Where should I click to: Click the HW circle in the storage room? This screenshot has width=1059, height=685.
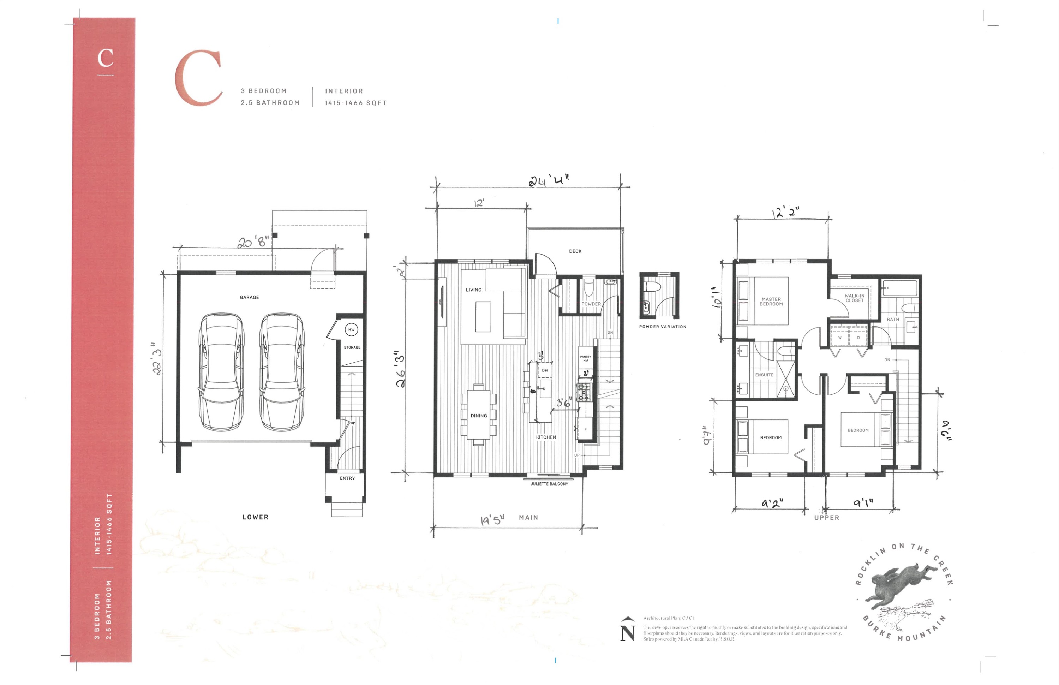click(351, 329)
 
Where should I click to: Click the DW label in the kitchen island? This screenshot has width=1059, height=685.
click(545, 370)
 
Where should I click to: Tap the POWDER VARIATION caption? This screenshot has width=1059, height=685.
click(663, 327)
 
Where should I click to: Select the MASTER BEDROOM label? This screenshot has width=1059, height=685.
click(771, 302)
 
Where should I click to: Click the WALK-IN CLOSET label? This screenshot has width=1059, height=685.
click(854, 298)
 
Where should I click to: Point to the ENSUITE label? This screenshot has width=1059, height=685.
click(764, 375)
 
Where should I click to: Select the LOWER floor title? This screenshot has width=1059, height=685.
click(255, 517)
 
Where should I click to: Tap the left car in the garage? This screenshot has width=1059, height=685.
click(221, 371)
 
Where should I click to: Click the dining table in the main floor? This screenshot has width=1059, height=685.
click(478, 415)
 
